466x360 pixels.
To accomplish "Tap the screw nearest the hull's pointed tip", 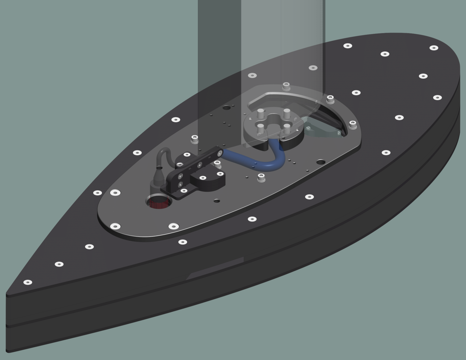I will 28,282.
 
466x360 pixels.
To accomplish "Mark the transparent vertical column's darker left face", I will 219,48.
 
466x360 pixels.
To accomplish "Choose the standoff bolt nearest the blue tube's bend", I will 261,177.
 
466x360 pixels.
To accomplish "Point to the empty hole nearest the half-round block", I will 217,201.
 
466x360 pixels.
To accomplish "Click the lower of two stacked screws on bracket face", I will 181,184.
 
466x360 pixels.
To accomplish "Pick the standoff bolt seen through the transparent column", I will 286,86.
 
